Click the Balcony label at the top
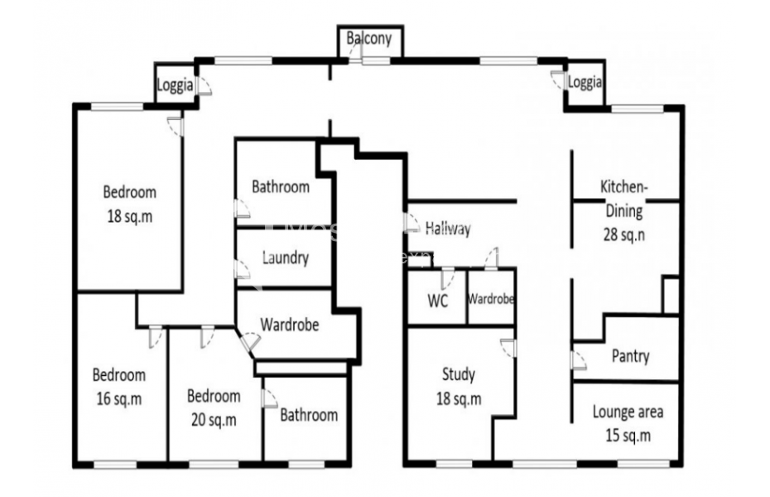pyautogui.click(x=369, y=38)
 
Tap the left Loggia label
pyautogui.click(x=176, y=85)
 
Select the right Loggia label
pyautogui.click(x=585, y=83)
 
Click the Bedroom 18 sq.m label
pyautogui.click(x=129, y=204)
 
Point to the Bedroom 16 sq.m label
pyautogui.click(x=118, y=386)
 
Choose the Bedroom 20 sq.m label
pyautogui.click(x=214, y=407)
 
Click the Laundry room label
pyautogui.click(x=285, y=258)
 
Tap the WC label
pyautogui.click(x=437, y=300)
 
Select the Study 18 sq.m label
pyautogui.click(x=458, y=387)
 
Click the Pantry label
pyautogui.click(x=630, y=356)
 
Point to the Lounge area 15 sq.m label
pyautogui.click(x=628, y=422)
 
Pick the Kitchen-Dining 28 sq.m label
pyautogui.click(x=624, y=210)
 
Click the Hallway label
pyautogui.click(x=448, y=229)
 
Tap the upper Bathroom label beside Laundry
pyautogui.click(x=281, y=187)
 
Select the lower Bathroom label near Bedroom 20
pyautogui.click(x=308, y=415)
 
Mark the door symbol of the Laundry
pyautogui.click(x=241, y=269)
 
